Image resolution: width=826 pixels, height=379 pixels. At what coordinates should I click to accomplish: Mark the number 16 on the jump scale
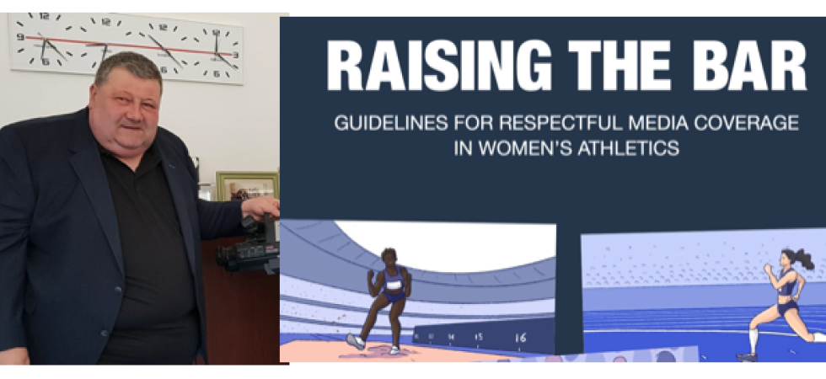(x=520, y=339)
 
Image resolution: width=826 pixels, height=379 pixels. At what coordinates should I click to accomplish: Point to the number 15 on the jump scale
(x=479, y=338)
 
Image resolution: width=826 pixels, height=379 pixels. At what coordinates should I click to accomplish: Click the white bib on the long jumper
(x=393, y=286)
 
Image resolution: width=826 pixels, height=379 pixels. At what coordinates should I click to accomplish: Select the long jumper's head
(x=389, y=257)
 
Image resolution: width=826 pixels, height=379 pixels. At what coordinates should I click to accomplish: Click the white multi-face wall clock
(x=126, y=47)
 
